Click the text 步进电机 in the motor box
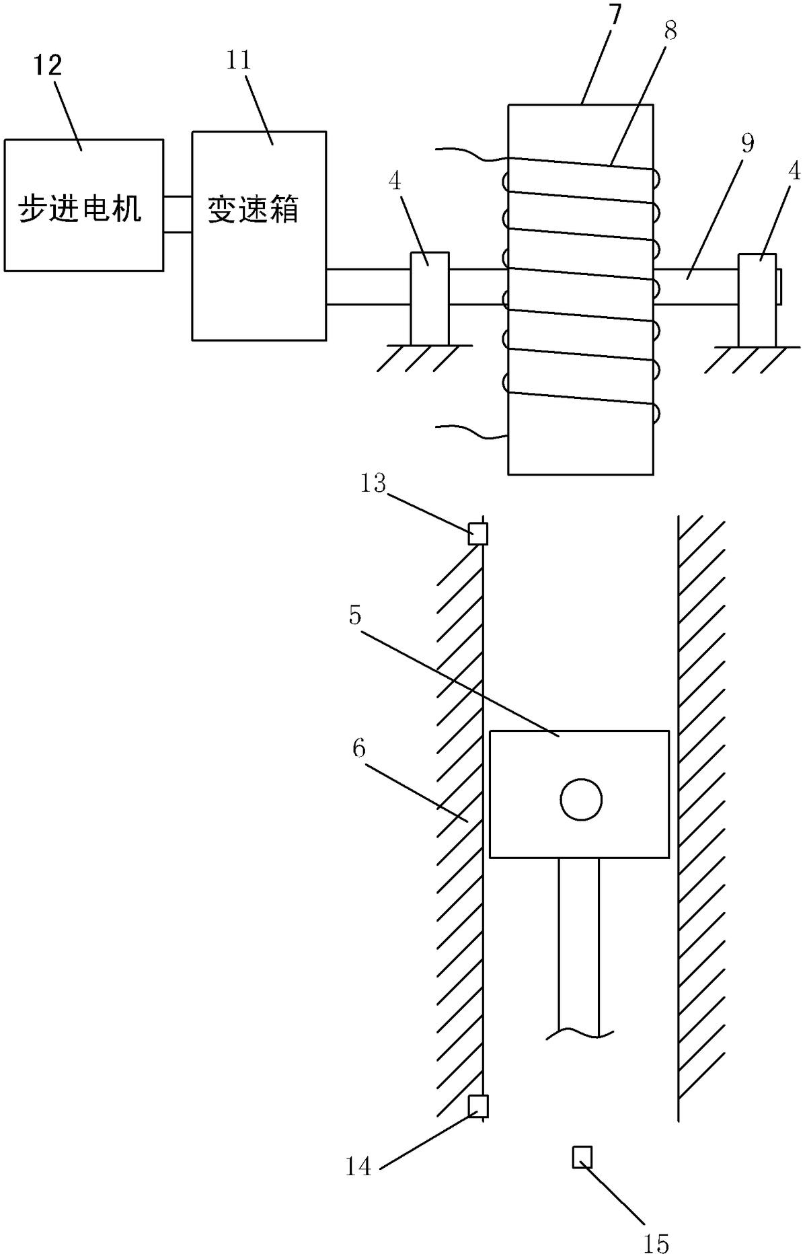tap(79, 209)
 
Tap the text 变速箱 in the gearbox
tap(253, 209)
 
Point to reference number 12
tap(48, 65)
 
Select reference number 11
tap(238, 60)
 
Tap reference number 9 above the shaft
tap(746, 143)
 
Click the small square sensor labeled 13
tap(477, 534)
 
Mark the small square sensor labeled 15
tap(582, 1156)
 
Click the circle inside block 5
tap(581, 800)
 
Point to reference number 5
tap(356, 616)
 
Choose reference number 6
tap(358, 748)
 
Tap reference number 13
tap(373, 483)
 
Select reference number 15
tap(656, 1244)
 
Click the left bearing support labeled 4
tap(430, 299)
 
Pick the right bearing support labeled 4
tap(757, 300)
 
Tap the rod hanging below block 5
tap(579, 949)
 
